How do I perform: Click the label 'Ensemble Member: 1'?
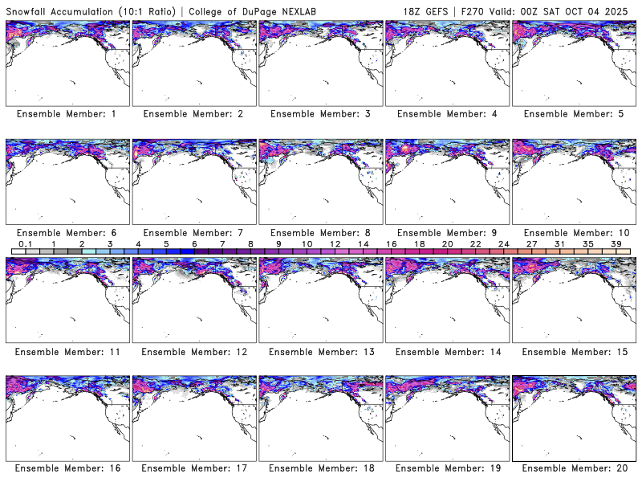coord(66,114)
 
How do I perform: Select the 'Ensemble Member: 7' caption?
coord(193,232)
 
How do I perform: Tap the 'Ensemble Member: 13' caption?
coord(319,351)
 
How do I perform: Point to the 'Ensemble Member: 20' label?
coord(575,468)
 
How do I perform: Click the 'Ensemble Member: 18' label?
coord(319,468)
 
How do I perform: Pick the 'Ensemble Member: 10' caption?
coord(575,232)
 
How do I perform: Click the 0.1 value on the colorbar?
coord(25,243)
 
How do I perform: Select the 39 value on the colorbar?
coord(616,243)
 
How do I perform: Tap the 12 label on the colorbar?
coord(335,243)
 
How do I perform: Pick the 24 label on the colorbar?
coord(503,243)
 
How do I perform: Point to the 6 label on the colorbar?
coord(193,243)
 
